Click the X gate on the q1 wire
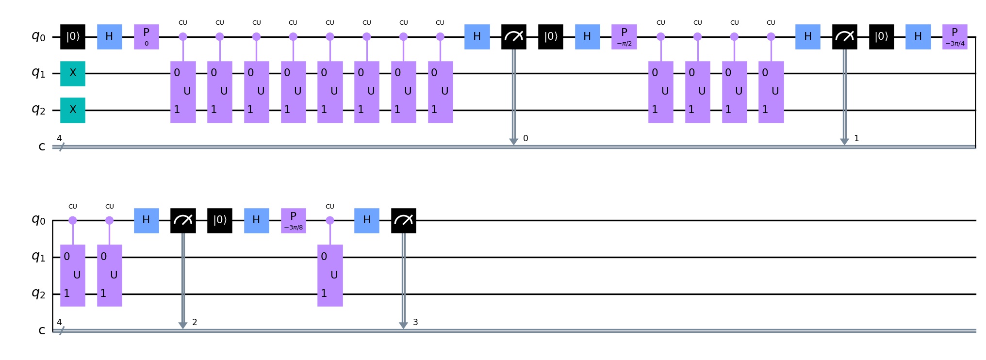coord(73,73)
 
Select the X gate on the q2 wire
coord(73,110)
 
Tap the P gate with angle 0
coord(147,36)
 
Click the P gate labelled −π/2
coord(624,36)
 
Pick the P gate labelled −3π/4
coord(955,36)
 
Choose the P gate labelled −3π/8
coord(293,220)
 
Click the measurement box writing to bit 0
coord(514,36)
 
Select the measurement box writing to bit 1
coord(845,36)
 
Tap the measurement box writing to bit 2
coord(183,220)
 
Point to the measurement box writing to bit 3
coord(404,220)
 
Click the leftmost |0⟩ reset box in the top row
coord(73,36)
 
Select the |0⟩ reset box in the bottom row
coord(220,220)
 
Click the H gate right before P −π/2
coord(587,36)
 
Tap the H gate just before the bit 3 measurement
coord(367,220)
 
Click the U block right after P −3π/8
coord(330,275)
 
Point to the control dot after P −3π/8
coord(330,220)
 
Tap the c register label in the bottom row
coord(42,330)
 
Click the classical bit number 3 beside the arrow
coord(415,322)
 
